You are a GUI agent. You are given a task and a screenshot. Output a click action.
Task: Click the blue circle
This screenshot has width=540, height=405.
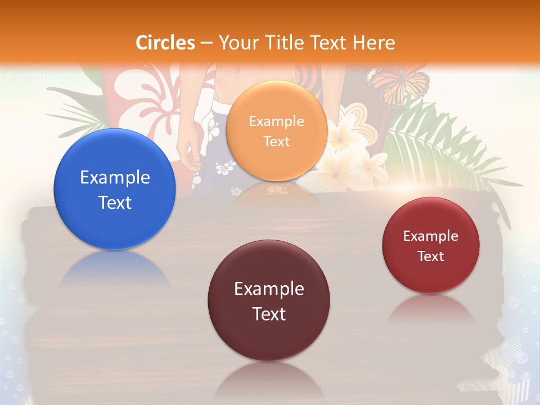115,189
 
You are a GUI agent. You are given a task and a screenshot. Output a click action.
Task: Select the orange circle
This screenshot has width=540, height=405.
276,130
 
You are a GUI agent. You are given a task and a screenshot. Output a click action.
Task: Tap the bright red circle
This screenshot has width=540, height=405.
431,245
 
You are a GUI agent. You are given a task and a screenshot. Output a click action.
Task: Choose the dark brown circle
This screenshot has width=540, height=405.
269,300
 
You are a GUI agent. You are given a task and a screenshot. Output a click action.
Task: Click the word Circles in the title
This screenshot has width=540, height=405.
165,43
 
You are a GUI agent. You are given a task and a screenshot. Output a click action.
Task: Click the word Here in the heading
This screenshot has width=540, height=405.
373,43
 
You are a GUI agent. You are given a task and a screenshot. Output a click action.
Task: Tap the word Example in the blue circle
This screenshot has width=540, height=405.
115,178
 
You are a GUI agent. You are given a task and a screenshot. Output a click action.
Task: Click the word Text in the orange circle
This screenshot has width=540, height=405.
276,141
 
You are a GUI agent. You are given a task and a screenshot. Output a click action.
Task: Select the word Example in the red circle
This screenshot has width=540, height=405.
431,236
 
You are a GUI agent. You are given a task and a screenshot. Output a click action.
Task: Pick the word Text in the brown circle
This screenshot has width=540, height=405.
269,314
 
